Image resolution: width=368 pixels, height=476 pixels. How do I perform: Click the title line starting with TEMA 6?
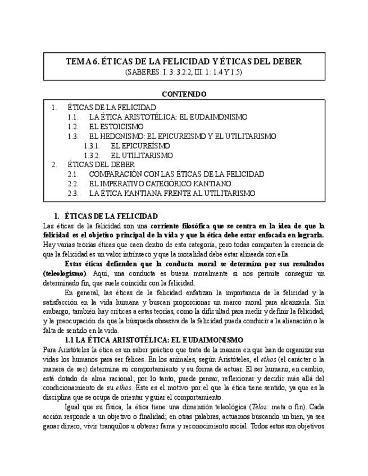[184, 62]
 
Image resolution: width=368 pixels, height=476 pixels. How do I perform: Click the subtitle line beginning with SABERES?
[184, 72]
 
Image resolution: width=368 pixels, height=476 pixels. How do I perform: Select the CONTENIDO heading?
[184, 94]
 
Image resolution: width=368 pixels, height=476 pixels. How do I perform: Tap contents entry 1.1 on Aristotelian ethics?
[168, 117]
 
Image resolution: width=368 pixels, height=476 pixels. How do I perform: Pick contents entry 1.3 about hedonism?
[183, 136]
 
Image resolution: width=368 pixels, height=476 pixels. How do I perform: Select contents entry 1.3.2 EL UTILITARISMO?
[142, 155]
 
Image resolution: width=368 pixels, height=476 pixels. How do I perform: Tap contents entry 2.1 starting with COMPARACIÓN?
[176, 174]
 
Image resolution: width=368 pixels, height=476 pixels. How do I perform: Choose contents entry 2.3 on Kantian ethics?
[172, 193]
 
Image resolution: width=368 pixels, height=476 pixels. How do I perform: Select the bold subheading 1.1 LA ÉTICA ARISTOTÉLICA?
[154, 340]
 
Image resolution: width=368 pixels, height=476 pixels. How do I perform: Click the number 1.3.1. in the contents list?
[92, 145]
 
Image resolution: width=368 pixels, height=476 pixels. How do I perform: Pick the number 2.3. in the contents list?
[72, 193]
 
